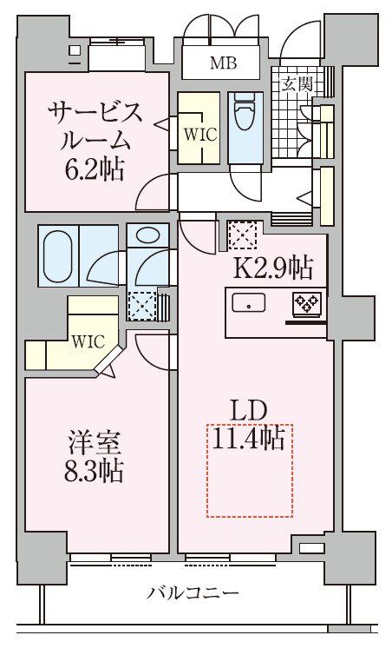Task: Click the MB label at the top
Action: (x=222, y=62)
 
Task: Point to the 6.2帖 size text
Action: (x=96, y=169)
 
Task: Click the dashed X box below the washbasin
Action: (x=140, y=306)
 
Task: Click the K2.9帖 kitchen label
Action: (x=271, y=268)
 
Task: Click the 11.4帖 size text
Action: (x=249, y=440)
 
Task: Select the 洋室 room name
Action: (x=95, y=441)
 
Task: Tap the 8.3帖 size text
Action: (x=95, y=471)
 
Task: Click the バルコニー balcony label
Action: (x=193, y=594)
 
